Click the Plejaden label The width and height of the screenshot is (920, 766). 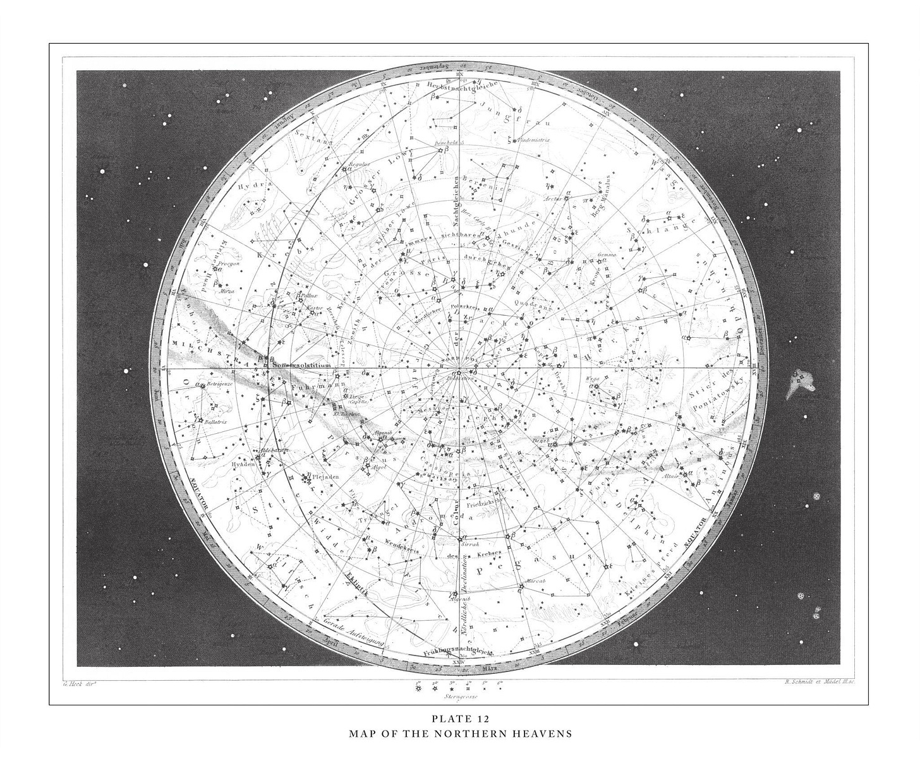coord(326,477)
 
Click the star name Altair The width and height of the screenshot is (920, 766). coord(670,477)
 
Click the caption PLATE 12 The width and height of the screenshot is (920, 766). coord(460,719)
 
